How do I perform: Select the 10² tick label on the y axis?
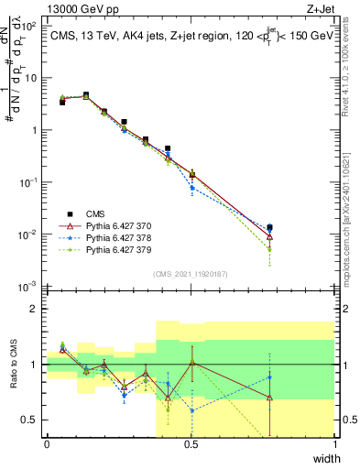coord(29,26)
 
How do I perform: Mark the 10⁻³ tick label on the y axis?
coord(29,289)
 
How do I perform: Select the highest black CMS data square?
coord(86,94)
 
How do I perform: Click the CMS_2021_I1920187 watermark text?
coord(191,274)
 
